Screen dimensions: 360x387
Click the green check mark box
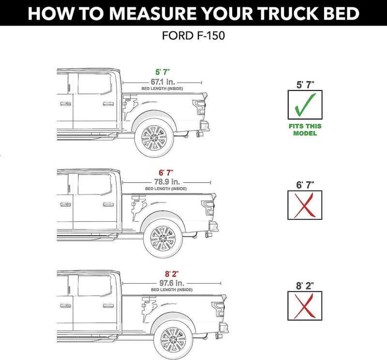click(305, 105)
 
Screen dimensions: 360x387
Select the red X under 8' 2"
click(305, 305)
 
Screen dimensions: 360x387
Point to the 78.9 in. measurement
click(164, 182)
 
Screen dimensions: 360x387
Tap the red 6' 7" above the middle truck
click(164, 173)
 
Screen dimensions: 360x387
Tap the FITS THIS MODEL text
click(305, 130)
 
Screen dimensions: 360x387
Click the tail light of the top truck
click(198, 108)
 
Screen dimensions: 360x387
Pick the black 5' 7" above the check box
click(305, 84)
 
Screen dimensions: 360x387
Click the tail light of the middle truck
click(208, 208)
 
